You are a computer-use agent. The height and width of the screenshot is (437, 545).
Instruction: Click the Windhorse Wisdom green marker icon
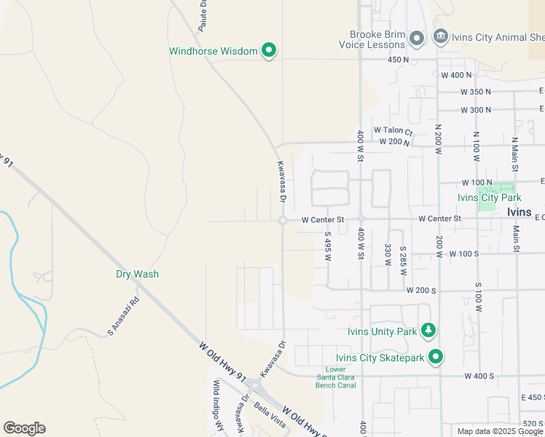coord(269,50)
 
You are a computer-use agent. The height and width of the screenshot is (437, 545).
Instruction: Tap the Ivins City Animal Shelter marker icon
coord(440,36)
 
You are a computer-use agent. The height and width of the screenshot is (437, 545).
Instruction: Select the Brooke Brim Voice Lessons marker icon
coord(417,38)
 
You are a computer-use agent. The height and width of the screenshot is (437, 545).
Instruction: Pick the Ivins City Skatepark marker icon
coord(436,357)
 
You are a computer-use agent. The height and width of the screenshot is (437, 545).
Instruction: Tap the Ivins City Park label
coord(489,197)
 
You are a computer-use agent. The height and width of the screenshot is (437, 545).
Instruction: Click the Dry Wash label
coord(137,275)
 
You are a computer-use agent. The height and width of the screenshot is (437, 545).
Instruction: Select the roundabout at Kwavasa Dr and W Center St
coord(282,221)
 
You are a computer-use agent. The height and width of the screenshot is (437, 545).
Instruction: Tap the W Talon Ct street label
coord(393,130)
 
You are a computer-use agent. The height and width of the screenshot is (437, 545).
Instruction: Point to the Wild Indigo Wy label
coord(216,407)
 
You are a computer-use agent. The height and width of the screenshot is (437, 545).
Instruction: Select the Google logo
coord(24,428)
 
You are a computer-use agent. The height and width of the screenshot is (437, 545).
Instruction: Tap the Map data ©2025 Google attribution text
coord(500,431)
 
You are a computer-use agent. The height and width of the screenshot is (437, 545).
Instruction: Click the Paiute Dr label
coord(204,15)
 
